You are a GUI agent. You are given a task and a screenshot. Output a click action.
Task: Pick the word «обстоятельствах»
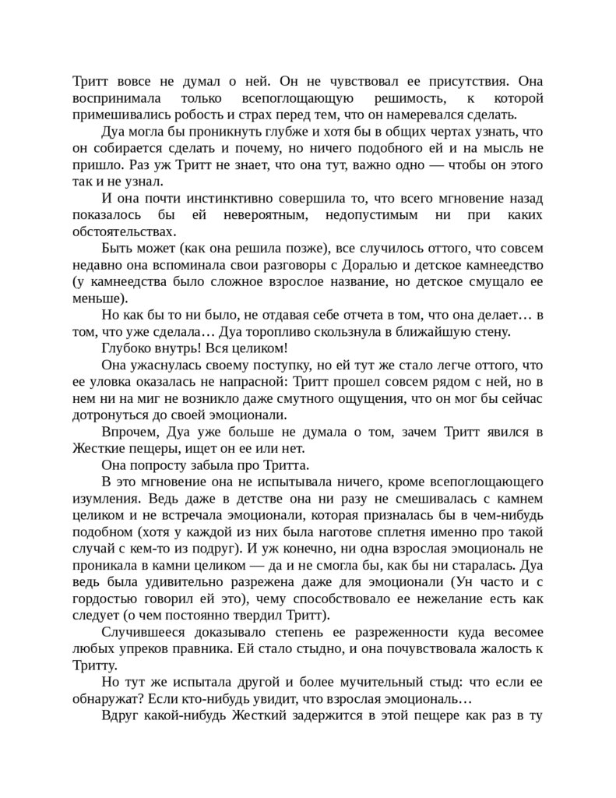point(124,231)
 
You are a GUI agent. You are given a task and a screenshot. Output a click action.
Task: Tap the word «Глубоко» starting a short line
point(129,348)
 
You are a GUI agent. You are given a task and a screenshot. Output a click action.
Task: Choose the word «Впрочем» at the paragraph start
point(128,433)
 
